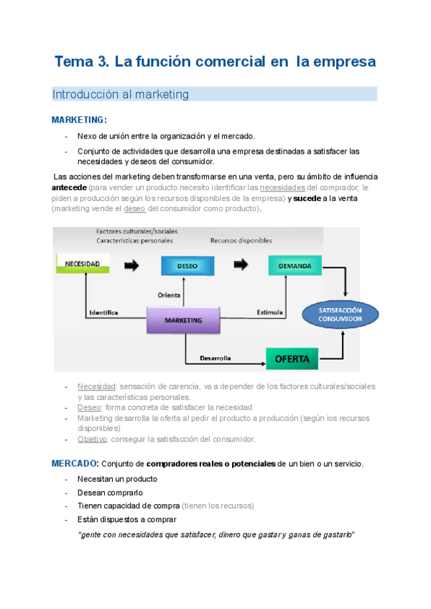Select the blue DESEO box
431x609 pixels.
187,266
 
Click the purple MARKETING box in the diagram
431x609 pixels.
182,320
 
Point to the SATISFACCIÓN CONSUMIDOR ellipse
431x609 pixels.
340,314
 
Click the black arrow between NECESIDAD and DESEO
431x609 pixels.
131,265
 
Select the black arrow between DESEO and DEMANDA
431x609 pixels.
241,265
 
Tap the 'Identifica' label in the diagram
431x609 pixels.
103,312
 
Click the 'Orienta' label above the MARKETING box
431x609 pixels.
169,294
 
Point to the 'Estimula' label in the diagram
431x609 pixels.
269,312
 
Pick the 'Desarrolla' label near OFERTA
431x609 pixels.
215,357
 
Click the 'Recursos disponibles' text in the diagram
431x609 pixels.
240,241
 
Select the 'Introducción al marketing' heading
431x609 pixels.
120,94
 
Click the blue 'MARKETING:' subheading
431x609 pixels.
79,120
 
